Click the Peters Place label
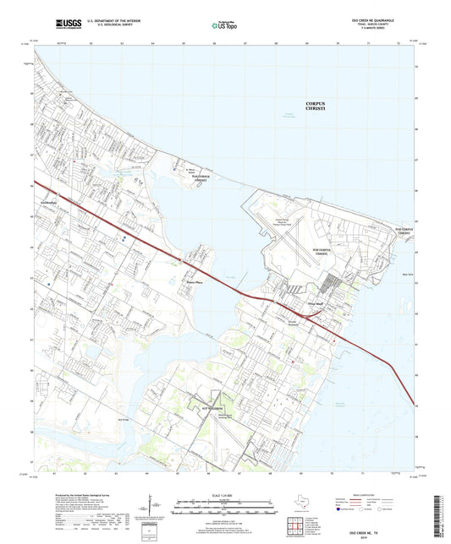click(194, 282)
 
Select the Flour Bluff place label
click(316, 298)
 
